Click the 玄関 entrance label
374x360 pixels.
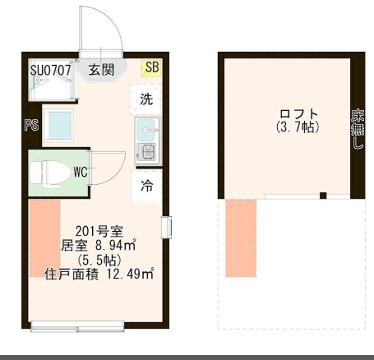coord(102,69)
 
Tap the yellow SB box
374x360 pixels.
coord(152,67)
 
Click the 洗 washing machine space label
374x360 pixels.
coord(146,100)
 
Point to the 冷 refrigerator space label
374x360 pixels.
coord(146,184)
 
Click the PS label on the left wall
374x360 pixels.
coord(31,126)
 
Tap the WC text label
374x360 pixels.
coord(80,172)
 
